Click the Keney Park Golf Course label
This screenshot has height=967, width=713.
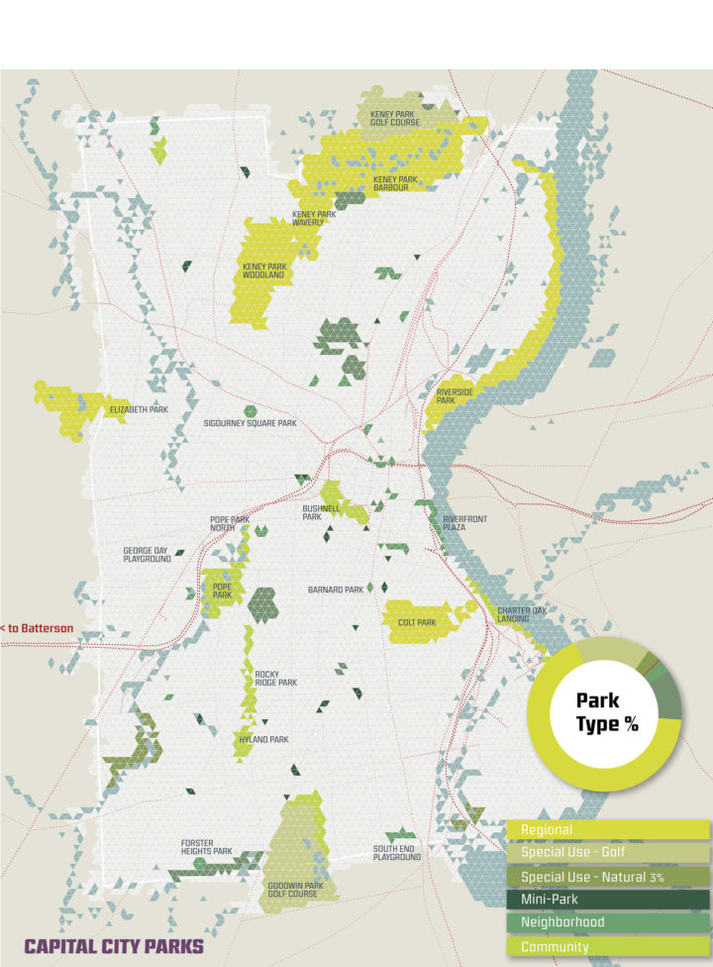(x=395, y=119)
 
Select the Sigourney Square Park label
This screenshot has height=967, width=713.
(x=251, y=423)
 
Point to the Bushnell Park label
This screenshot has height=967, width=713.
(x=321, y=512)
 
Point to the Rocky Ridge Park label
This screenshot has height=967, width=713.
(x=274, y=678)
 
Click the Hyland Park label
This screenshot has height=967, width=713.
(x=263, y=739)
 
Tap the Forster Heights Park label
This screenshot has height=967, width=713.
(x=206, y=847)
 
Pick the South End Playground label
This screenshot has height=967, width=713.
(x=397, y=852)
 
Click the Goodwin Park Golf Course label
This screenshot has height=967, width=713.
(x=295, y=889)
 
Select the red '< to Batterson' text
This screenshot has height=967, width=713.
(x=37, y=628)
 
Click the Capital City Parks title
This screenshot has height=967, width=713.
(x=114, y=945)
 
